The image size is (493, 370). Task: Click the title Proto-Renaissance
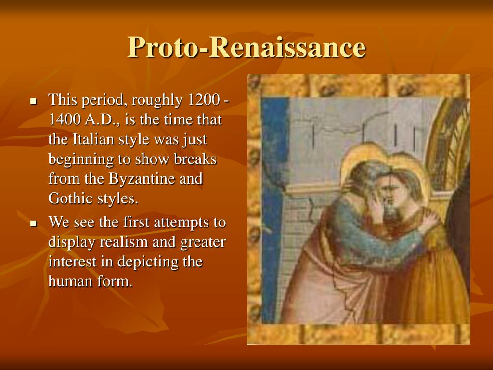coord(246,48)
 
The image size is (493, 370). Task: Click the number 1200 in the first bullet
coord(203,101)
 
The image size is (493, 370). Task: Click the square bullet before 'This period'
coord(34,101)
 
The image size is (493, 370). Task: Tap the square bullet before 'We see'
coord(34,223)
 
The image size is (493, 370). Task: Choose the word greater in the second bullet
coord(203,242)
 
